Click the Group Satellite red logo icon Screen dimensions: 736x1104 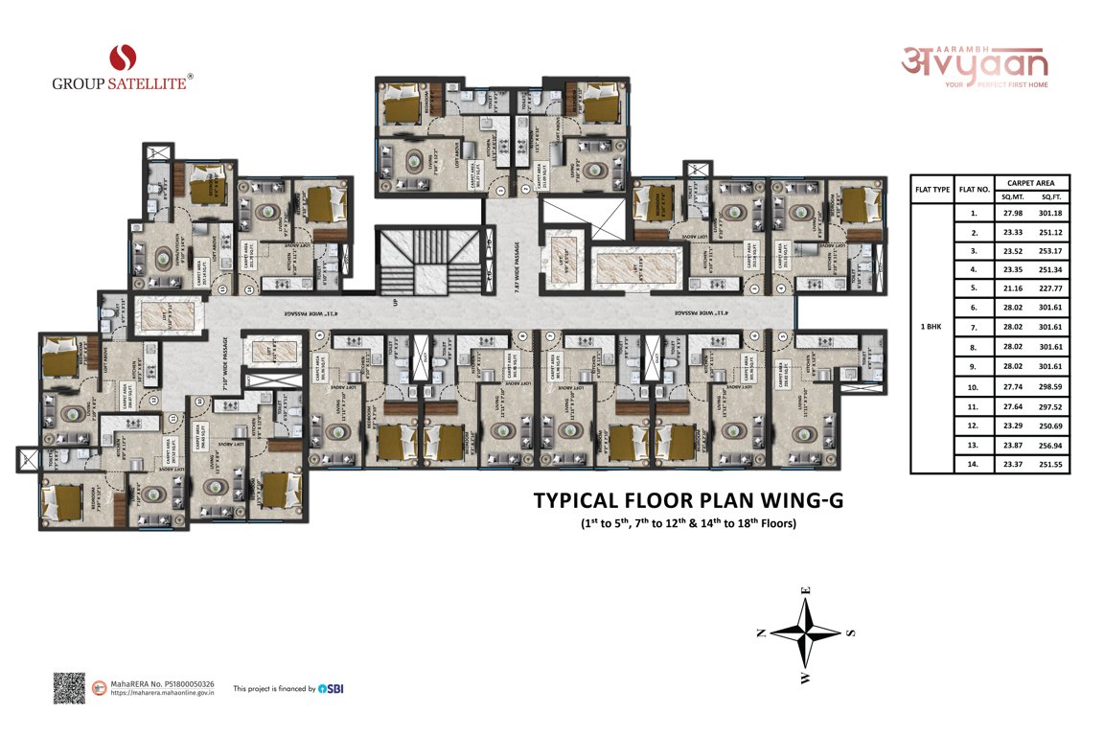[x=122, y=57]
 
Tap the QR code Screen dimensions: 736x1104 [x=69, y=688]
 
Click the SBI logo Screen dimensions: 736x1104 [x=331, y=688]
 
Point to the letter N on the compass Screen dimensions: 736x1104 [x=760, y=632]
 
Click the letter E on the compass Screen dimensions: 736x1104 [x=807, y=591]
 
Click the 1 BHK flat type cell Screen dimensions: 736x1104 [x=931, y=327]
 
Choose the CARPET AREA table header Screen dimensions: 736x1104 [x=1024, y=182]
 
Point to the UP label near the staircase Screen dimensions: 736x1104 [x=395, y=304]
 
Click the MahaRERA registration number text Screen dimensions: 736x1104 [x=162, y=684]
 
